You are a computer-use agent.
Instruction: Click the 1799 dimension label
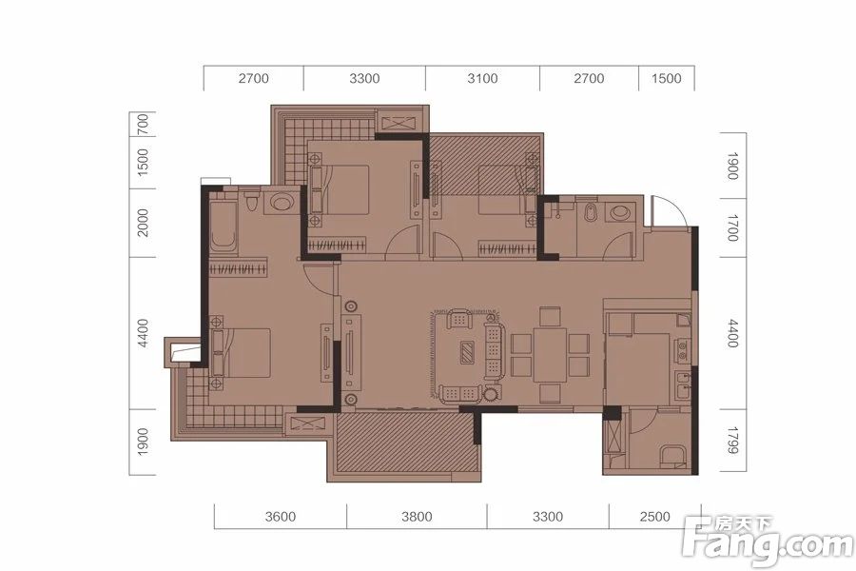(x=732, y=441)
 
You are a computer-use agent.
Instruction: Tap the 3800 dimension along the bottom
(x=417, y=517)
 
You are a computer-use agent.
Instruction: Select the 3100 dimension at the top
(x=482, y=78)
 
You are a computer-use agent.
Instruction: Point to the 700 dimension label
(x=142, y=124)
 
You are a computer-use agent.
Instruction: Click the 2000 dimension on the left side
(x=142, y=223)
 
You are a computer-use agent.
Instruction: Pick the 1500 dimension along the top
(x=666, y=78)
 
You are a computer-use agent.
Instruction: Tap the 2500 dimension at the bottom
(x=654, y=517)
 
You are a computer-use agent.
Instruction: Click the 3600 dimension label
(x=280, y=517)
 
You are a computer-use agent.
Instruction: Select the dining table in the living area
(x=550, y=353)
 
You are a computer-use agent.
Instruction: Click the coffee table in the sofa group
(x=468, y=352)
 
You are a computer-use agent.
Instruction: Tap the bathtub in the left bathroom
(x=223, y=226)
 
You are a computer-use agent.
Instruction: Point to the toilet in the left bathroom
(x=252, y=201)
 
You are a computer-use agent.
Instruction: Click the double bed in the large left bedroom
(x=241, y=352)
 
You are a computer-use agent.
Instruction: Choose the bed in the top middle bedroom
(x=339, y=189)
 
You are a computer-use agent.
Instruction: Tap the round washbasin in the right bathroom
(x=620, y=212)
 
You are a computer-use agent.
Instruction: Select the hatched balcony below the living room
(x=404, y=442)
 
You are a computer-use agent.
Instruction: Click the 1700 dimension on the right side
(x=732, y=227)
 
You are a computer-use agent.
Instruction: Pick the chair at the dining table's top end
(x=550, y=317)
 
